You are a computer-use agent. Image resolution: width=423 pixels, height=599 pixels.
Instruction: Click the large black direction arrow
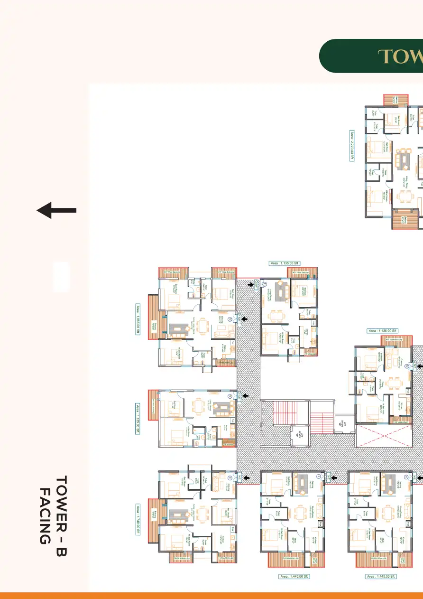pos(56,210)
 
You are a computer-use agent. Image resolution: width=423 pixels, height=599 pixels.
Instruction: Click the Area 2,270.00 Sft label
pos(352,146)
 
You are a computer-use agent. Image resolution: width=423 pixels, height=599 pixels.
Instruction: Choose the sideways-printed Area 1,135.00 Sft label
pos(139,413)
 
